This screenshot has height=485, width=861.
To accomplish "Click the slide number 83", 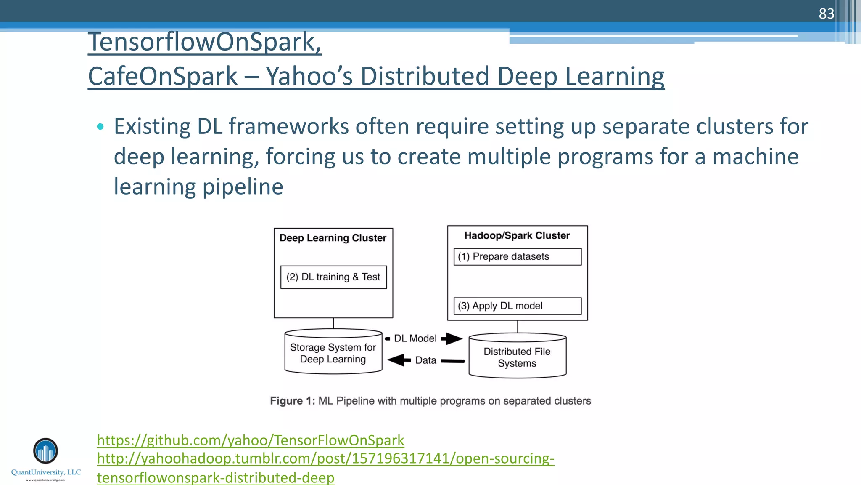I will coord(826,13).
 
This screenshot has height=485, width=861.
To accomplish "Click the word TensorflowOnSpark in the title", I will coord(204,42).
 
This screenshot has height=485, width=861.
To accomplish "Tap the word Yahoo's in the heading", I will coord(309,76).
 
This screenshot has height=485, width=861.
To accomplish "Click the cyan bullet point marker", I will coord(100,126).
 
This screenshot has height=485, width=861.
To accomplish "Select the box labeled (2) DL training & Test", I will coord(333,277).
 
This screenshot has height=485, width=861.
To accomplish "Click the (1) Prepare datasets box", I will coord(517,257).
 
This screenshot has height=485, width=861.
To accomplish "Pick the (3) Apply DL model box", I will coord(517,306).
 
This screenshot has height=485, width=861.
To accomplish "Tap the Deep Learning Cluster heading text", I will coord(333,238).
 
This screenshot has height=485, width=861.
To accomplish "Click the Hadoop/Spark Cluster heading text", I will coord(517,235).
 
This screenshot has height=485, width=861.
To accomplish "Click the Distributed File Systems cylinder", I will coord(517,357).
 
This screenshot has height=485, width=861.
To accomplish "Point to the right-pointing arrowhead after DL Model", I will coord(453,338).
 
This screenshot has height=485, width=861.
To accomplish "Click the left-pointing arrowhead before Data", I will coord(397,360).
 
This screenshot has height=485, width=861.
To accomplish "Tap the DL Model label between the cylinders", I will coord(415,338).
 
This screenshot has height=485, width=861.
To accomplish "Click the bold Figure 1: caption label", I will coord(292,401).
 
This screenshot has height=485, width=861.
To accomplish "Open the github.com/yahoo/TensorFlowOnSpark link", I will coord(250,440).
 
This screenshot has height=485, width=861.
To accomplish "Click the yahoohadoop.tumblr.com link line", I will coord(325,458).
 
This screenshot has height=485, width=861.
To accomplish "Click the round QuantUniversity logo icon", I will coord(45,451).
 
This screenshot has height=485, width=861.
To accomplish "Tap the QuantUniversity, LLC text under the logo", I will coord(45,472).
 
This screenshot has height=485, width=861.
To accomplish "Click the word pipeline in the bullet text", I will coord(243,187).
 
